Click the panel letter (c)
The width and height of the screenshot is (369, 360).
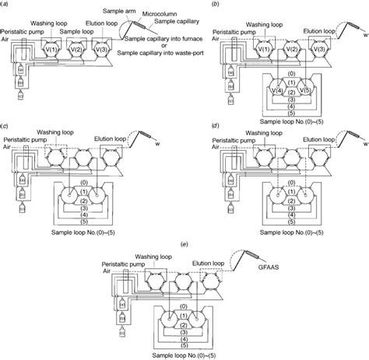5,127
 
